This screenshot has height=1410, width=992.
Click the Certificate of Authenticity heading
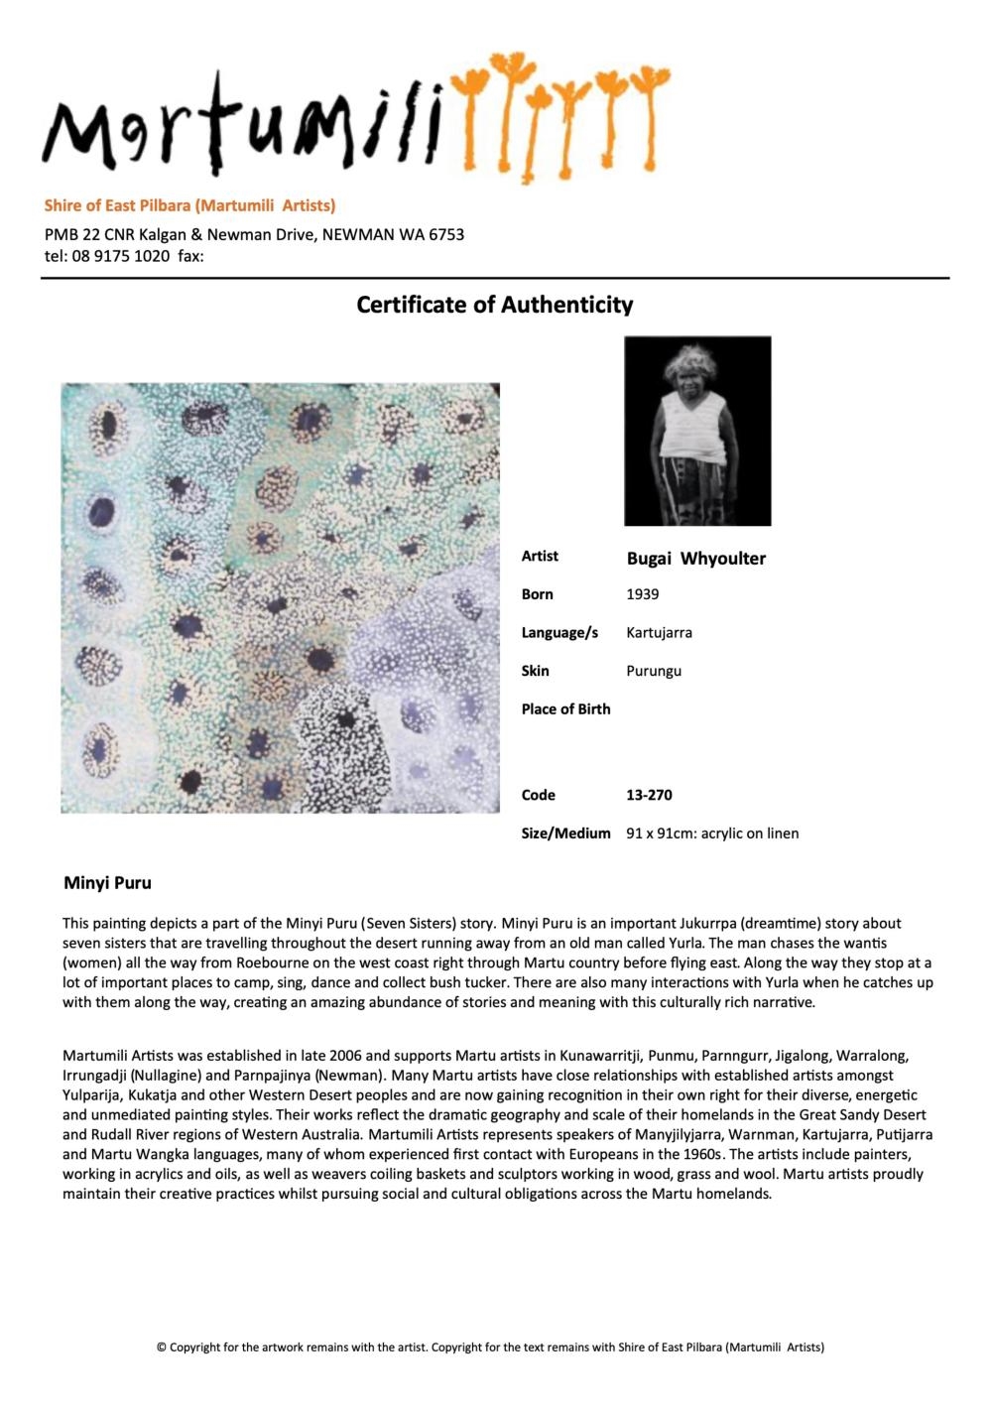click(x=494, y=305)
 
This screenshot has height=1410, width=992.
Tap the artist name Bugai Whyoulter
click(x=695, y=559)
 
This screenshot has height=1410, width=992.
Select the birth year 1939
click(x=643, y=594)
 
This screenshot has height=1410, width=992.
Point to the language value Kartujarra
click(x=659, y=632)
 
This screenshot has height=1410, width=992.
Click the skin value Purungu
click(x=654, y=671)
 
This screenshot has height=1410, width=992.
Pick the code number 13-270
click(x=649, y=795)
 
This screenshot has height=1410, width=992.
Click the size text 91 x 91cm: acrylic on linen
click(x=712, y=833)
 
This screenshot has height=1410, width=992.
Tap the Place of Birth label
click(x=565, y=708)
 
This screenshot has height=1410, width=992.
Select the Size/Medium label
click(x=565, y=833)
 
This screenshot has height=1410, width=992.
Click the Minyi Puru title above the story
click(x=107, y=882)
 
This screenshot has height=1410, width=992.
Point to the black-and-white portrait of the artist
click(x=697, y=431)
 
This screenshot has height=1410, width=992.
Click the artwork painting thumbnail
click(x=280, y=598)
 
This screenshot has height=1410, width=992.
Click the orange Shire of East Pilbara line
click(x=189, y=205)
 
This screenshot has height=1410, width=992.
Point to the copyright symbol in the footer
click(x=161, y=1347)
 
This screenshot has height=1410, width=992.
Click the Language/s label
click(x=559, y=632)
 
